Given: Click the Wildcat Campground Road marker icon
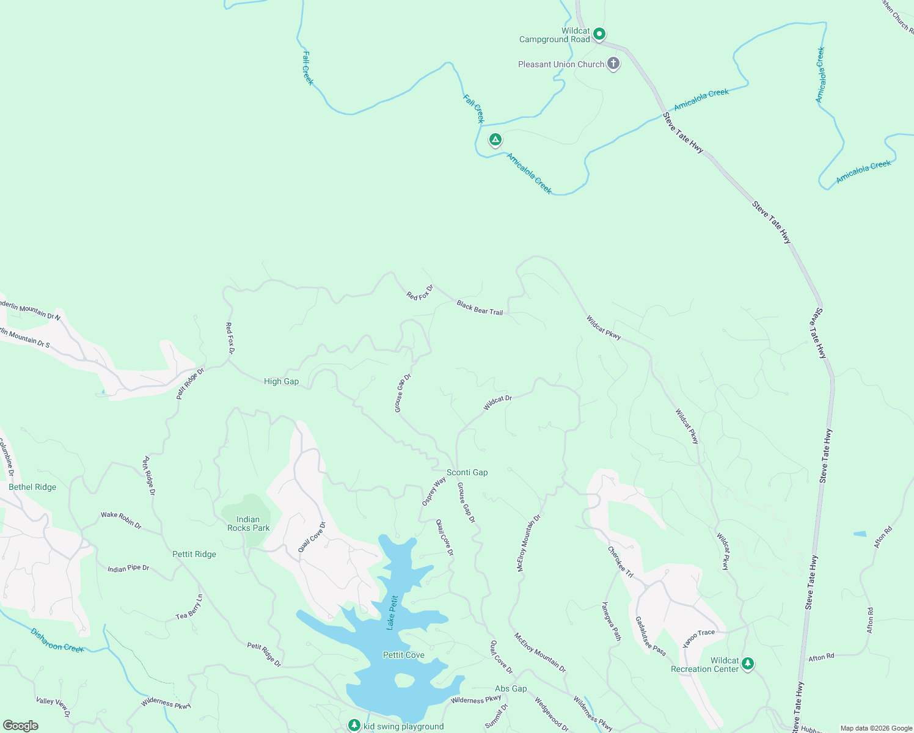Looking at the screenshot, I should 599,34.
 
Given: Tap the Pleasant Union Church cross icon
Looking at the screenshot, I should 613,64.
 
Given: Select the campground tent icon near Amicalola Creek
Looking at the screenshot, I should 495,140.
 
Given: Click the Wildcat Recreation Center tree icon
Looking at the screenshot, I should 747,663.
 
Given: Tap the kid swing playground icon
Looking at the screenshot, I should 354,725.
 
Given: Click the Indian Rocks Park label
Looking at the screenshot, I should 248,523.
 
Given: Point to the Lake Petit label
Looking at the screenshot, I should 392,612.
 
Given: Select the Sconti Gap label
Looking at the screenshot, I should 467,472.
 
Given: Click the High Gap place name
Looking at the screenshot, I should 281,381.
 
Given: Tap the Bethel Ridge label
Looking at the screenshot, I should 32,487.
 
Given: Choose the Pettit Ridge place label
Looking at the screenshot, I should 194,554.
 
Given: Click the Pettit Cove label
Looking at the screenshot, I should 403,655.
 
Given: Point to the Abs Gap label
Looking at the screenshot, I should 510,688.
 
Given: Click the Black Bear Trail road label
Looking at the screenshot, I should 480,308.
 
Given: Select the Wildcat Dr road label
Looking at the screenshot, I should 497,403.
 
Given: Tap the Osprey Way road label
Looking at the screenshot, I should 434,491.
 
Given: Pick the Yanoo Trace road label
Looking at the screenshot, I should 698,638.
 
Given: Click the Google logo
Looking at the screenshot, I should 21,726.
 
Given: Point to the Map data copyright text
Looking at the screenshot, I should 876,728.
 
